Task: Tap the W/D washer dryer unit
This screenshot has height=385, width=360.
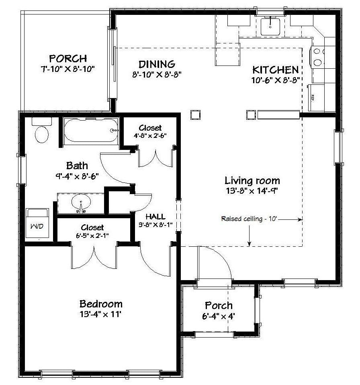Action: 37,223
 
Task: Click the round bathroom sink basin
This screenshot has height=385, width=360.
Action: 81,202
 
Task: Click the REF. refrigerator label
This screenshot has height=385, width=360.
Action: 313,98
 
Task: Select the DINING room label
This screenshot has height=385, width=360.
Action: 157,64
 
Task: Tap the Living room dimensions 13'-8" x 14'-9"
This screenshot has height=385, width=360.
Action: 252,191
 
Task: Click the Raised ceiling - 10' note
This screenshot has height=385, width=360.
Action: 249,219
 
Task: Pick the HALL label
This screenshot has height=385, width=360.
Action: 155,217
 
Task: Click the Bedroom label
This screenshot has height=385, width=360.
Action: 101,304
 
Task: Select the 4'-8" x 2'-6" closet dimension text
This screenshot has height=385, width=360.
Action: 150,135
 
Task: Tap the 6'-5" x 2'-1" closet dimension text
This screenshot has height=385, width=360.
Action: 92,236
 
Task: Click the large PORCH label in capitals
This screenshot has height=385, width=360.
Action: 68,59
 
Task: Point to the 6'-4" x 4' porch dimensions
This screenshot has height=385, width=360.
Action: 219,316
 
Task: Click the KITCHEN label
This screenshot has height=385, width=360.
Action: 276,70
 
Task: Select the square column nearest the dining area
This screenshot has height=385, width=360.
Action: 195,115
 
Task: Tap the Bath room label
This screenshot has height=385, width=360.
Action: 77,166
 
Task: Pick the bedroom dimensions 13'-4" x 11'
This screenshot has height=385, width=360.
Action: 100,314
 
